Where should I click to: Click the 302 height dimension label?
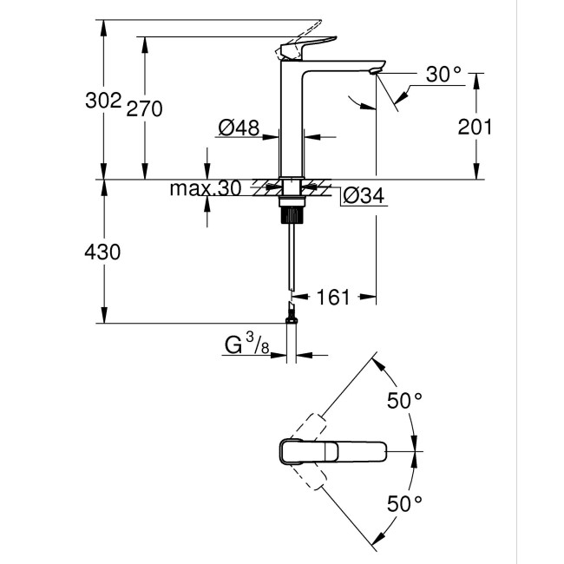coord(104,102)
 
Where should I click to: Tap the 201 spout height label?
coord(475,127)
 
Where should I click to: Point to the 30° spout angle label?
coord(443,75)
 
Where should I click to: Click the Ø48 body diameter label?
coord(239,128)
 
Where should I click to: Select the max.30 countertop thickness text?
coord(205,188)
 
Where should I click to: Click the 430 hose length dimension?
coord(104,252)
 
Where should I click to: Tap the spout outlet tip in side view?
coord(376,69)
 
